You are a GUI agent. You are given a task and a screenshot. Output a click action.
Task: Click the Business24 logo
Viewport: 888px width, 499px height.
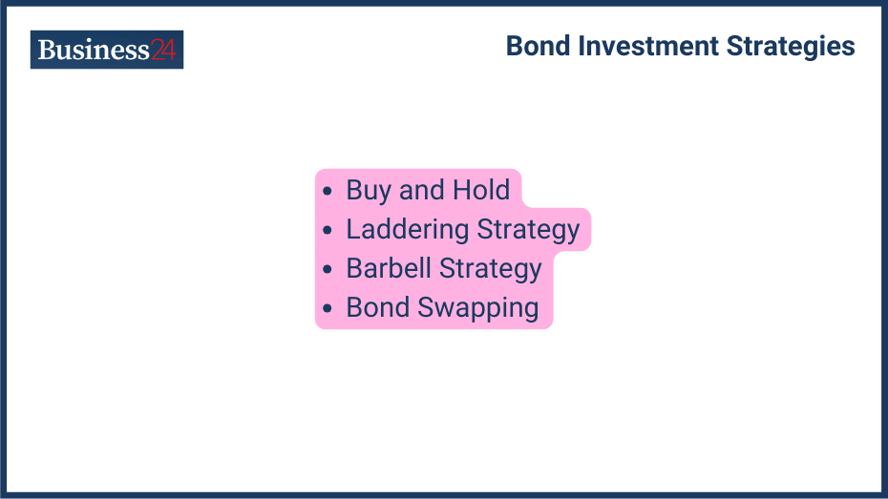coord(106,50)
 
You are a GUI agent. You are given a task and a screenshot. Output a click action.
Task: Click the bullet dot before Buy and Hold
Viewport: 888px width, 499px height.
coord(328,191)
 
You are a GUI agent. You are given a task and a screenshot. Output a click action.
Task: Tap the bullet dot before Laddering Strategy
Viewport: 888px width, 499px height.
coord(328,230)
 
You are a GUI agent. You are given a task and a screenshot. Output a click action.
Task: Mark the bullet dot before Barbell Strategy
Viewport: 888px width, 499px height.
coord(328,269)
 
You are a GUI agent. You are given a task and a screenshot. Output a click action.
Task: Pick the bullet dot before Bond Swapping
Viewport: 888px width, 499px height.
coord(328,308)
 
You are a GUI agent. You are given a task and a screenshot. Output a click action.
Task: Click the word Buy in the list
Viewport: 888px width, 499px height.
coord(369,191)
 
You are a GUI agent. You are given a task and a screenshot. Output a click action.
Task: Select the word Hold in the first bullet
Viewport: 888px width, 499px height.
coord(481,190)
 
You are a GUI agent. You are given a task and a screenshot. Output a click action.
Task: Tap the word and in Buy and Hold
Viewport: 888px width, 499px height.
coord(421,190)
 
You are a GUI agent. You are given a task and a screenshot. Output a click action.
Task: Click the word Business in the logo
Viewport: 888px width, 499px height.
coord(94,50)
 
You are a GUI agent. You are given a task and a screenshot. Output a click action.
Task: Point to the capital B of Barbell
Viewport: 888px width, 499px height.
coord(354,268)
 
